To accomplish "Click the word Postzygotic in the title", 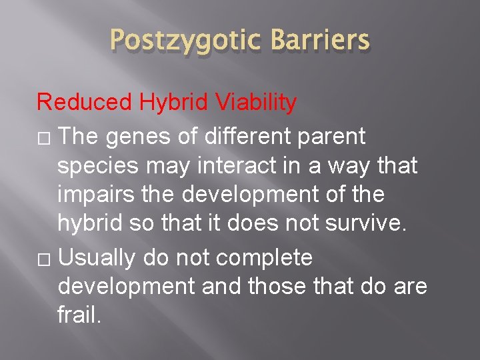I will point(179,41).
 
